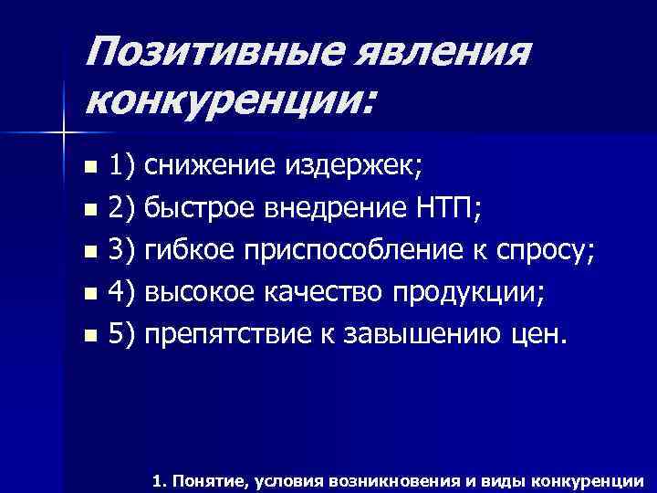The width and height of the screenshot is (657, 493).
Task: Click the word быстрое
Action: [193, 209]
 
